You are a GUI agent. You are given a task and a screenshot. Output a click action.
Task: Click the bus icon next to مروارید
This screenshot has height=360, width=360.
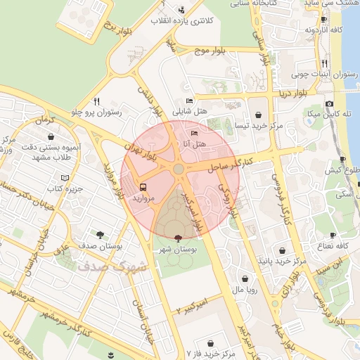click(143, 188)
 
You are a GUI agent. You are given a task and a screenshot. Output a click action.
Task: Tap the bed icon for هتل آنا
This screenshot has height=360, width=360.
click(195, 133)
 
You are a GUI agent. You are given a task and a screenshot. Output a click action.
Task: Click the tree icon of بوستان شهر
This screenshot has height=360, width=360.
click(176, 238)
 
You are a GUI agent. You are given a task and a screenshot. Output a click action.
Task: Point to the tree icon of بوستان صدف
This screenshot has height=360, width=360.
click(100, 236)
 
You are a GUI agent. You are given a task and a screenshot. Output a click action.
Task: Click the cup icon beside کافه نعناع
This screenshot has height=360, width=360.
click(334, 234)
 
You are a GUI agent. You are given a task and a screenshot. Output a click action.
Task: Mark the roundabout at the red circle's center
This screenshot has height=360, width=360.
click(179, 169)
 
